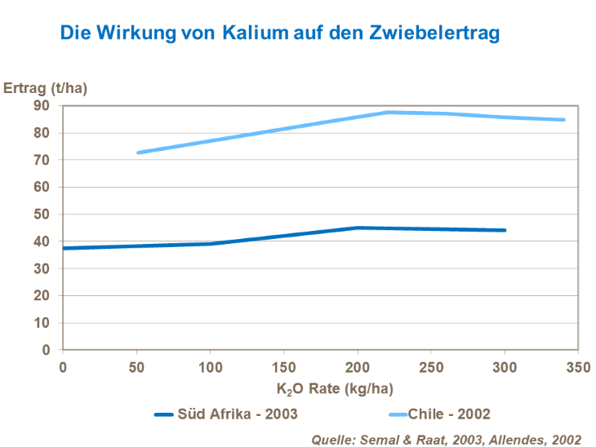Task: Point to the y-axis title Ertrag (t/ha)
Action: pyautogui.click(x=45, y=87)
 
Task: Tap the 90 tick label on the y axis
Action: pyautogui.click(x=42, y=106)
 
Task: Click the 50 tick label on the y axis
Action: pyautogui.click(x=42, y=215)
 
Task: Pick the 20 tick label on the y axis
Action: pyautogui.click(x=42, y=296)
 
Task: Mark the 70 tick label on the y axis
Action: pyautogui.click(x=42, y=161)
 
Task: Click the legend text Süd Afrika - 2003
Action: pyautogui.click(x=238, y=414)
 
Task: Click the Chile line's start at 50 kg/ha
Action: pyautogui.click(x=138, y=153)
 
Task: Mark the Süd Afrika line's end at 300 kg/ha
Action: pyautogui.click(x=505, y=230)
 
